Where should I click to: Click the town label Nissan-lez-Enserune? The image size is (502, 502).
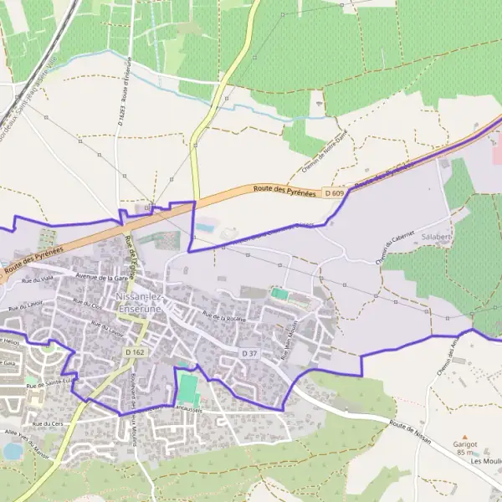pos(141,303)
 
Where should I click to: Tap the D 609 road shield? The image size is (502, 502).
pos(336,194)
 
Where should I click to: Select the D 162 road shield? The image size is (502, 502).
pos(136,353)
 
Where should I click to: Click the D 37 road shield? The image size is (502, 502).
pos(249,354)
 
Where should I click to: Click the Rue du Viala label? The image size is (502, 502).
pos(38,278)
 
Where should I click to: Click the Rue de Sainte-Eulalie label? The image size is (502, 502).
pos(52,383)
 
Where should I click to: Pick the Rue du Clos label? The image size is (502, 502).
pos(87,303)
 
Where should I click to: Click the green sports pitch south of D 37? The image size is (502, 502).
pos(189,387)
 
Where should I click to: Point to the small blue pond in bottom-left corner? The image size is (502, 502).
pos(12,451)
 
